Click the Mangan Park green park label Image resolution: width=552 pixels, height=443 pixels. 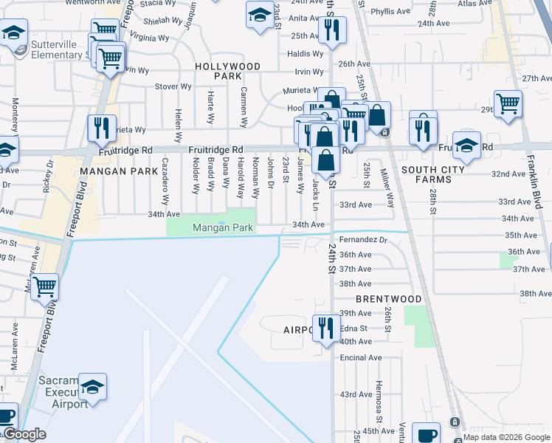click(223, 228)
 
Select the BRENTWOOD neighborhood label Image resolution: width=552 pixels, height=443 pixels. click(388, 299)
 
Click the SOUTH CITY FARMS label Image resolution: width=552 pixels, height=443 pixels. click(433, 175)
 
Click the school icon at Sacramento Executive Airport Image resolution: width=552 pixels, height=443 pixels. click(93, 386)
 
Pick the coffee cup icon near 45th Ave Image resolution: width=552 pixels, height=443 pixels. click(426, 434)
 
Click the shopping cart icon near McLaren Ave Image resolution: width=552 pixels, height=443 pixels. click(44, 286)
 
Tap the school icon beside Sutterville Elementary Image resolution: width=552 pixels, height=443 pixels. click(13, 32)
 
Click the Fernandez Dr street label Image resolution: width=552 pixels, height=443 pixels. click(363, 240)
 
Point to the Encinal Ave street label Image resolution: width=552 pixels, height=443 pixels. click(361, 357)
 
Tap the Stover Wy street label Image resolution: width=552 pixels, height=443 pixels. click(173, 86)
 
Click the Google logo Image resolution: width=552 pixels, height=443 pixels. click(24, 434)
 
